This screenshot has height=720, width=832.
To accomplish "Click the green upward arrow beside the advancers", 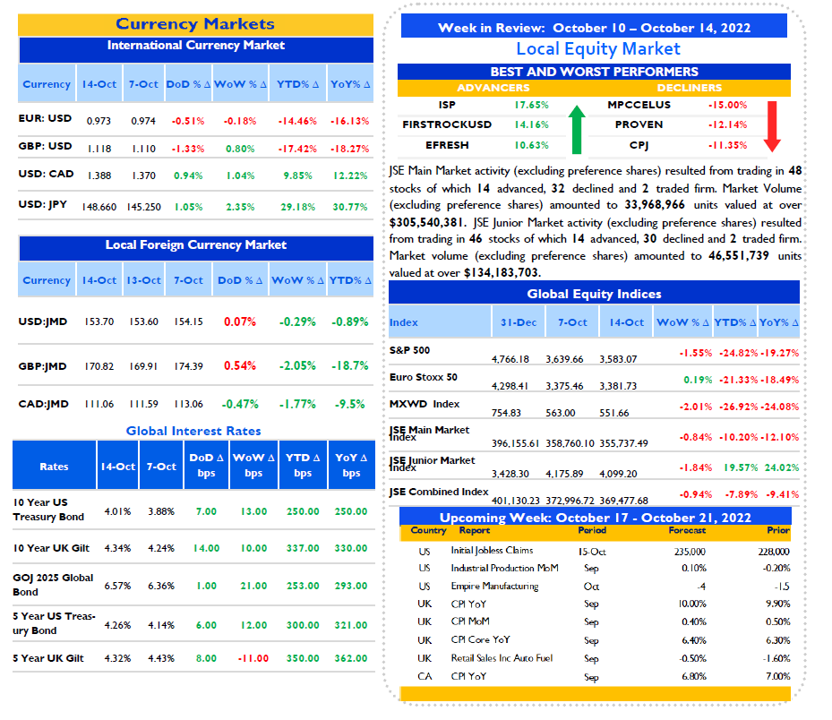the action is [x=577, y=130].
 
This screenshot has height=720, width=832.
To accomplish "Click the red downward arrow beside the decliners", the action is [x=772, y=126].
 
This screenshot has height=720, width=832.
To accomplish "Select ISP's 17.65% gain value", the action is [x=532, y=105].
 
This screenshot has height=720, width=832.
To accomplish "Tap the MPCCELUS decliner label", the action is [x=639, y=105].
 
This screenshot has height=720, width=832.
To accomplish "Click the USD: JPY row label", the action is [x=42, y=204].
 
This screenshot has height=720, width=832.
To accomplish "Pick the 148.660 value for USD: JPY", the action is [x=99, y=207].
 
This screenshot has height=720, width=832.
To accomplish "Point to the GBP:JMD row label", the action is [x=42, y=366].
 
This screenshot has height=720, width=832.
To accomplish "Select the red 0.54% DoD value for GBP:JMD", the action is [x=240, y=365].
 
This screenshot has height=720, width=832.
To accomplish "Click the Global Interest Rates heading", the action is [x=193, y=431].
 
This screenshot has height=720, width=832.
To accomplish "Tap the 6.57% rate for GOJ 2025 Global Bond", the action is [x=117, y=586].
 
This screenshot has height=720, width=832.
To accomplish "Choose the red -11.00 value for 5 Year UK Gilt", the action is [x=253, y=658].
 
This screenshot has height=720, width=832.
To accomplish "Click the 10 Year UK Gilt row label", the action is [x=51, y=548].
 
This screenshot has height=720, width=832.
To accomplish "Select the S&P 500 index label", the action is [x=409, y=350].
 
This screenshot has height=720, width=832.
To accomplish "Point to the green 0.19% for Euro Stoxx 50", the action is [x=698, y=380].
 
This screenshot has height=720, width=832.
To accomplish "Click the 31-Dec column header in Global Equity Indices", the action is [x=519, y=322].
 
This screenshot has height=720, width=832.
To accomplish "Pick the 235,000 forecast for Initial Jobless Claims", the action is [x=690, y=552].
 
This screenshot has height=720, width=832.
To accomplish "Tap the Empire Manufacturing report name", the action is [x=494, y=587].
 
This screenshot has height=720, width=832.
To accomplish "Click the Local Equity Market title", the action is [x=598, y=49].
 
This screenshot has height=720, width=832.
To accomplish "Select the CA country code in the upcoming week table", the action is [x=425, y=676].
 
